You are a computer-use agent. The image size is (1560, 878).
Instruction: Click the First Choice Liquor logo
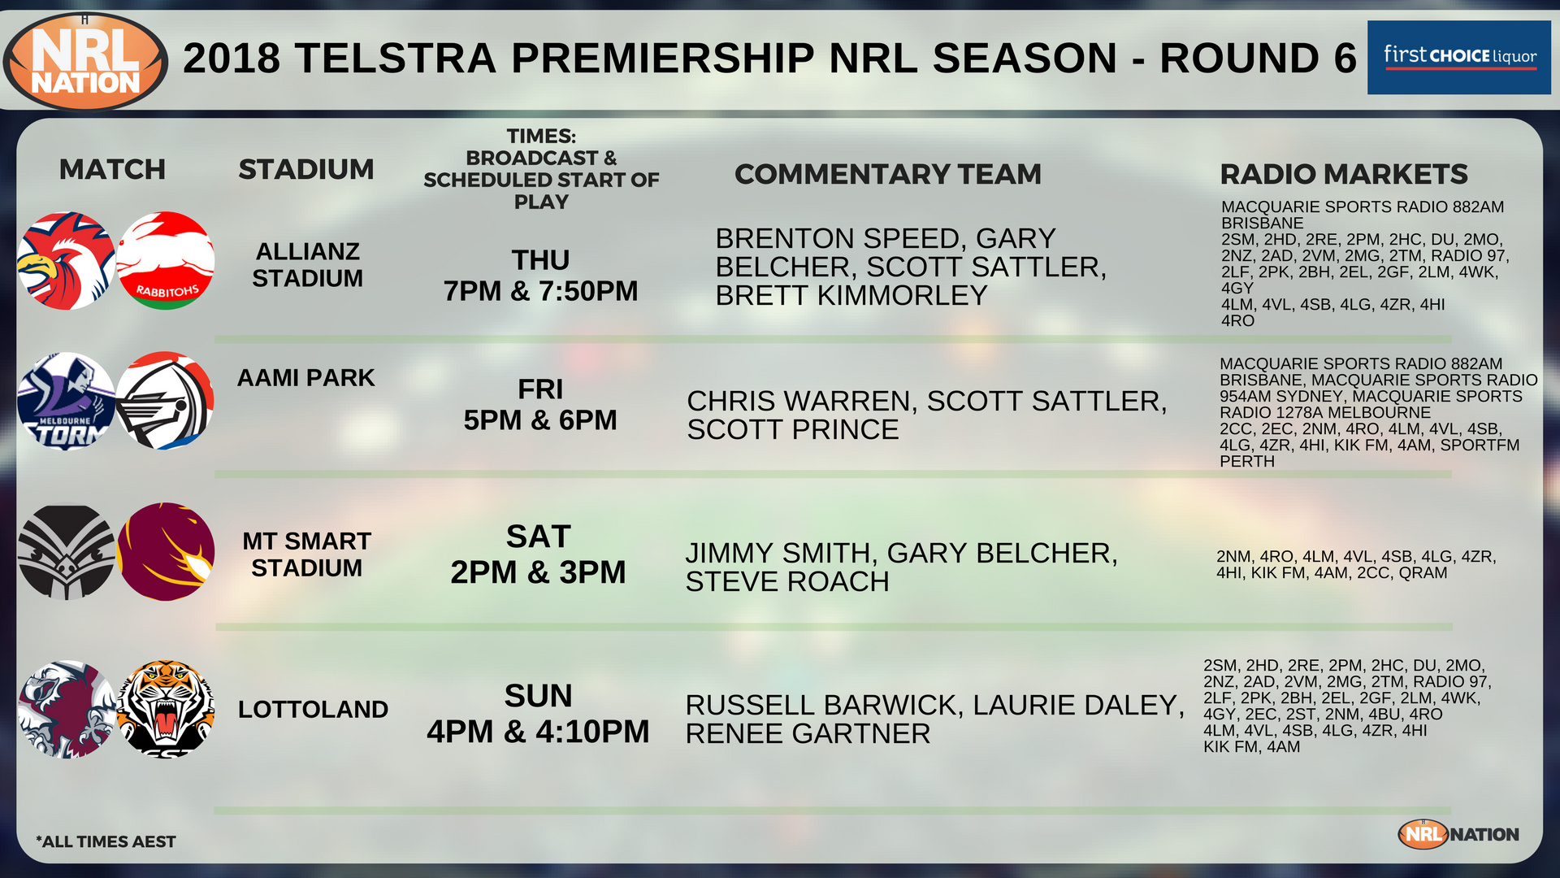coord(1459,57)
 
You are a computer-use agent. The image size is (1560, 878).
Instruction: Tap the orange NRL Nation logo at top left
coord(85,62)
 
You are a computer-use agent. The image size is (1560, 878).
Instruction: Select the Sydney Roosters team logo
coord(67,261)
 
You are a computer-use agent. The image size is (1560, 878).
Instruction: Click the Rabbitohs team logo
coord(166,261)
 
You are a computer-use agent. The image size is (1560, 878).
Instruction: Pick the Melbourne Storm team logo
coord(67,401)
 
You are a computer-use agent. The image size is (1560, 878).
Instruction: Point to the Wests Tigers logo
coord(166,709)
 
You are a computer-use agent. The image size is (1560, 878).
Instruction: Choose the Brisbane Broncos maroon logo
coord(166,552)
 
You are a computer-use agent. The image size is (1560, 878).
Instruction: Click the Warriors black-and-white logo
coord(67,552)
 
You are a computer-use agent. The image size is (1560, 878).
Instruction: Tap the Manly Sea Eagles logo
coord(67,709)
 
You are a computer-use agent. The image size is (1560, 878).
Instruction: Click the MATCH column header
coord(112,169)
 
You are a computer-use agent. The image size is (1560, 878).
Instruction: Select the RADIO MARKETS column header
coord(1344,174)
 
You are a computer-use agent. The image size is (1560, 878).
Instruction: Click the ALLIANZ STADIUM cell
coord(307,264)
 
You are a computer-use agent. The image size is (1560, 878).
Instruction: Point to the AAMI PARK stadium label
coord(306,377)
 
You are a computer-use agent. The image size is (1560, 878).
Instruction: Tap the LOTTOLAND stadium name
coord(313,709)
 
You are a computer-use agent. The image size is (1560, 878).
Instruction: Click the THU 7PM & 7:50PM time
coord(540,276)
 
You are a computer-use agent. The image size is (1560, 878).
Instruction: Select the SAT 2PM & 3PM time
coord(538,554)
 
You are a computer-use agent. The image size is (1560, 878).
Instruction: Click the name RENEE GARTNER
coord(808,733)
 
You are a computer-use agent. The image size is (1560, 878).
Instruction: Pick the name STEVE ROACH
coord(787,581)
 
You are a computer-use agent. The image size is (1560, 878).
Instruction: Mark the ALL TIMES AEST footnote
coord(106,841)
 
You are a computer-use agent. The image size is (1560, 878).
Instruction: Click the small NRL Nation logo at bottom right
coord(1458,834)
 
